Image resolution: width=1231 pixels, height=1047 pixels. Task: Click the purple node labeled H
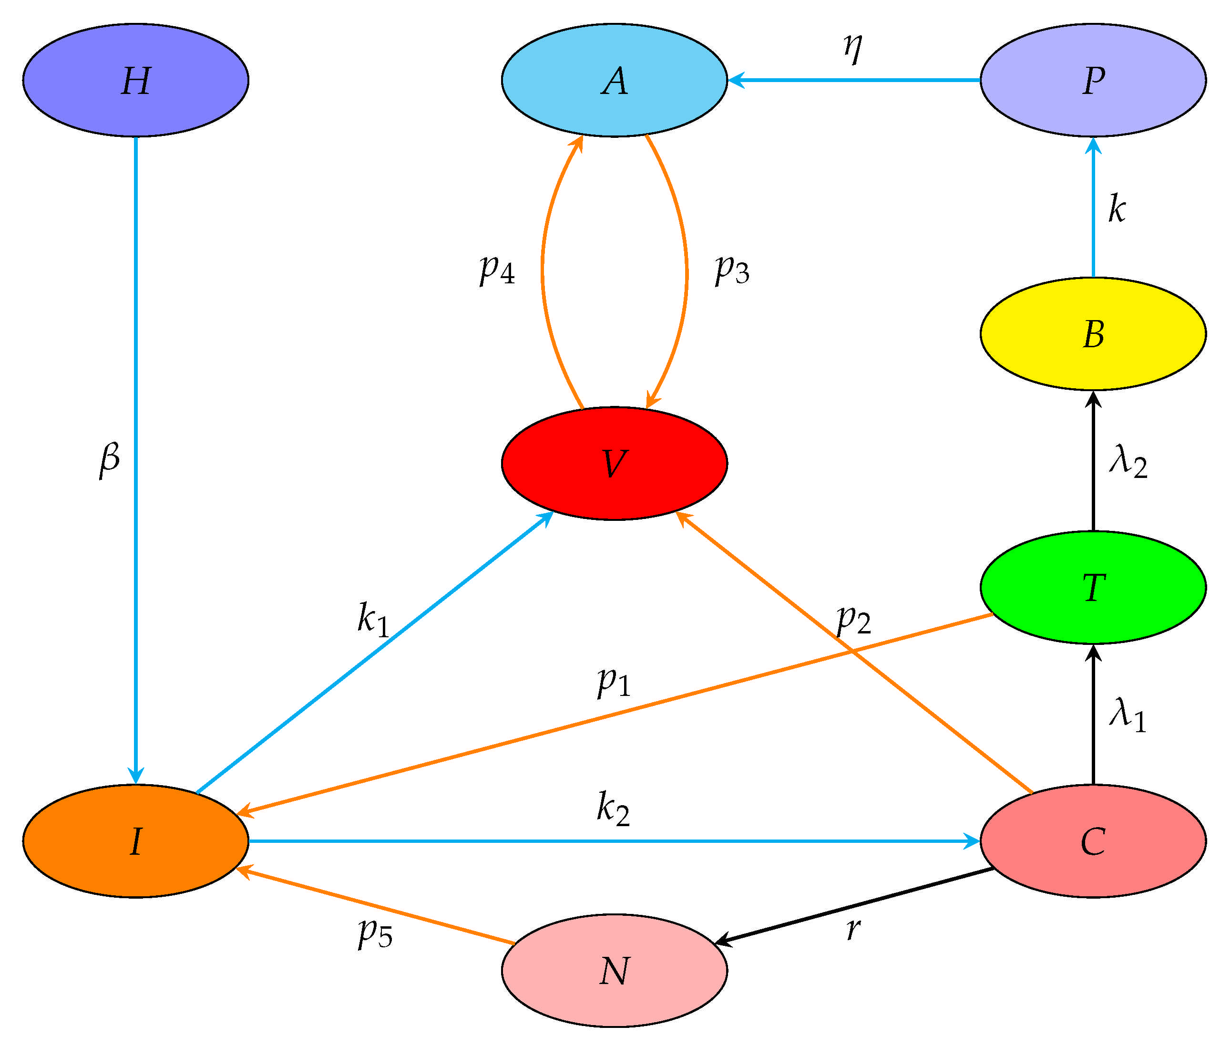[135, 80]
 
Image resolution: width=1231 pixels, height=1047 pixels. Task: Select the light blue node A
[614, 80]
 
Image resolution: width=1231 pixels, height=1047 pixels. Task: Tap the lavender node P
[1093, 80]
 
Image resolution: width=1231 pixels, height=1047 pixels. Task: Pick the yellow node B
[1093, 333]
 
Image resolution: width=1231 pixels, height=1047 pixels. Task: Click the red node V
[614, 464]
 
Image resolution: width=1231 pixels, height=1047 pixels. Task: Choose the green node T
[1093, 587]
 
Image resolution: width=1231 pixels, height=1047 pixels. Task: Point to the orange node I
[135, 841]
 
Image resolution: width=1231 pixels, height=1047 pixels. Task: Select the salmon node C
[1093, 841]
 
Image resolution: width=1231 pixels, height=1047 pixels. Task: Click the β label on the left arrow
[109, 459]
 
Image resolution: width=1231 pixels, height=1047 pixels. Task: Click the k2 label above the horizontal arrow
[613, 809]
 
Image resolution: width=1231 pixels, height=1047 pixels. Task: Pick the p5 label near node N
[375, 933]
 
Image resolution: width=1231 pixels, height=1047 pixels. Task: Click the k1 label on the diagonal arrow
[372, 619]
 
